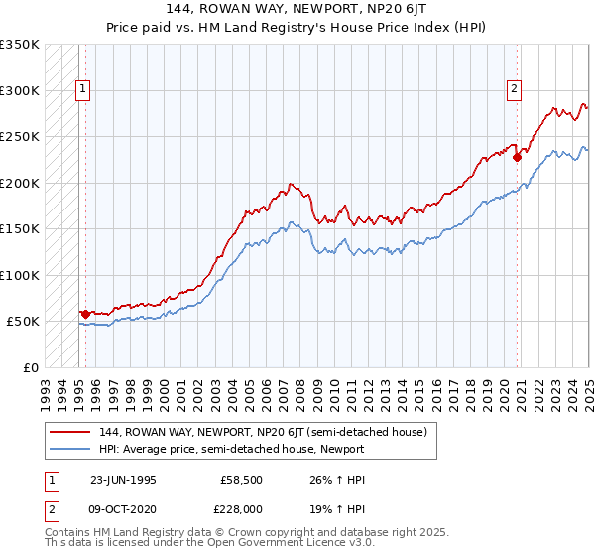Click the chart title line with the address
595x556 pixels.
[297, 10]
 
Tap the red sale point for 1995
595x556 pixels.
[85, 314]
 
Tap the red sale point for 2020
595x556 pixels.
[517, 156]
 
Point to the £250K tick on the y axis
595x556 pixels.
[20, 137]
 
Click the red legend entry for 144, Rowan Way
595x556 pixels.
[263, 432]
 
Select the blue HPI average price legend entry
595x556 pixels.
[232, 449]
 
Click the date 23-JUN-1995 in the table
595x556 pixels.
[123, 479]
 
